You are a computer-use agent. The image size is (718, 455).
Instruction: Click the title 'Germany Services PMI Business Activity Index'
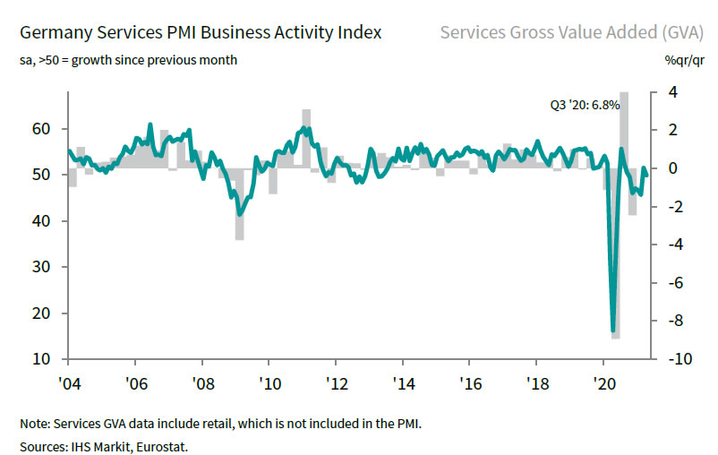click(200, 33)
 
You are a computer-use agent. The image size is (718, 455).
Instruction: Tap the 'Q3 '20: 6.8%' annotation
click(585, 105)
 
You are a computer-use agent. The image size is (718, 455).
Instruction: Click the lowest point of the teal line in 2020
click(613, 331)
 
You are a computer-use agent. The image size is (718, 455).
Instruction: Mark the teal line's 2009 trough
click(239, 214)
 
